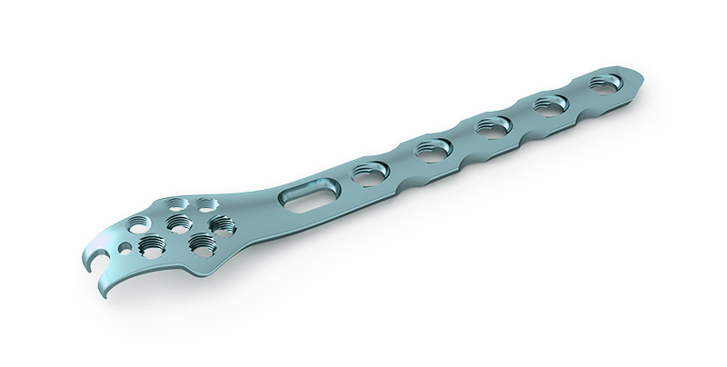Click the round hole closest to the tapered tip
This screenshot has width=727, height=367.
point(603,84)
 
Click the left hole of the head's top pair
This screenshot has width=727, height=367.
point(180,203)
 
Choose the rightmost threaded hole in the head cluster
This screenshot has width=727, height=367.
point(219,223)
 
